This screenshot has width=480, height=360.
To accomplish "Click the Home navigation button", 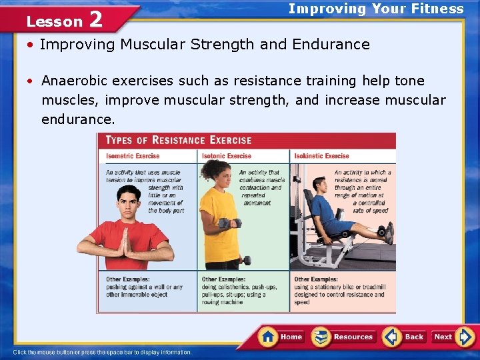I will (x=281, y=337).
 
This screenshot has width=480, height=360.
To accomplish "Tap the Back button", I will (x=404, y=337).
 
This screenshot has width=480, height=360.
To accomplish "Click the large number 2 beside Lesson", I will (x=95, y=19).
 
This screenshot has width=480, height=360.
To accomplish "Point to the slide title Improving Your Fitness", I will (x=375, y=9).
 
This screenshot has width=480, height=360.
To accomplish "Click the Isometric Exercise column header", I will (x=133, y=156).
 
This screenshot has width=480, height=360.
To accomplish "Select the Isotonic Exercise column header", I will (x=226, y=156).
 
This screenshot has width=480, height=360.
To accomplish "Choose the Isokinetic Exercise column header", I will (x=322, y=156).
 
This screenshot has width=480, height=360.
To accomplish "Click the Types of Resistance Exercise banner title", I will (x=179, y=140).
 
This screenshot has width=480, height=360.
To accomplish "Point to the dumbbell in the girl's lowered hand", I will (x=246, y=260).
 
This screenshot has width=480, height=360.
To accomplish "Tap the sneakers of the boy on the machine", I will (x=387, y=233).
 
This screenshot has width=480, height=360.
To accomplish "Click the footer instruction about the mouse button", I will (x=102, y=352).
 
